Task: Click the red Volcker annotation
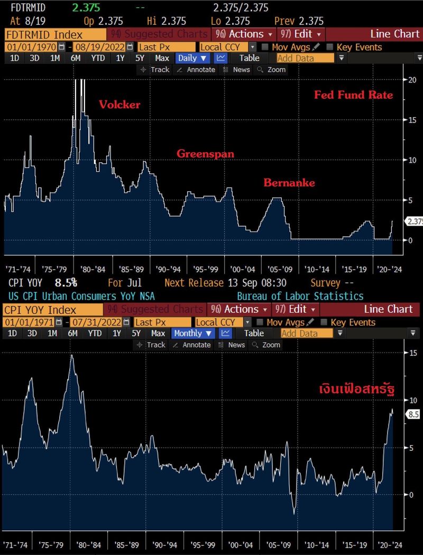[119, 105]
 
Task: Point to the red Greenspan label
[205, 154]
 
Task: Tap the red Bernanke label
[289, 183]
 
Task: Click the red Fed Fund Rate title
[354, 95]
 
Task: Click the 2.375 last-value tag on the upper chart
[413, 222]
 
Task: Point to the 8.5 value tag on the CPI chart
[413, 415]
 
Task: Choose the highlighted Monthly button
[192, 333]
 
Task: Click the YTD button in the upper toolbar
[98, 58]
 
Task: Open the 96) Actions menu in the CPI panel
[239, 309]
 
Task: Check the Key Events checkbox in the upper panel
[330, 47]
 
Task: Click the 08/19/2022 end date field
[100, 47]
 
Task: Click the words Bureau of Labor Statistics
[300, 297]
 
